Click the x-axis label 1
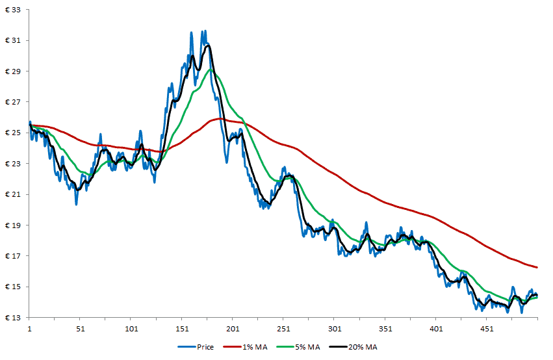coord(29,329)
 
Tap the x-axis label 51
coord(80,329)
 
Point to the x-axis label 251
coord(283,329)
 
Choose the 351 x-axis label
coord(385,329)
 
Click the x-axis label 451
coord(487,329)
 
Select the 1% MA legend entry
coord(255,347)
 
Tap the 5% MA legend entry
coord(309,347)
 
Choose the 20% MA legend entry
coord(363,347)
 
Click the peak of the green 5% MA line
coord(210,70)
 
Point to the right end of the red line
coord(537,267)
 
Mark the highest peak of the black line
coord(208,45)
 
